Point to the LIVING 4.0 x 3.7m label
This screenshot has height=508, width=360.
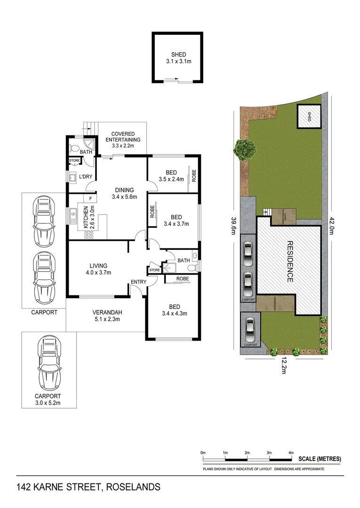click(x=96, y=269)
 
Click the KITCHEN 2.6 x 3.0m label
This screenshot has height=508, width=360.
click(x=88, y=217)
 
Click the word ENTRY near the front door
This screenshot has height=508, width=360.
click(x=139, y=282)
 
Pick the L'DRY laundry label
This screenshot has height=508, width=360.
click(x=85, y=176)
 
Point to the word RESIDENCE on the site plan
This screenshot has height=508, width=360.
click(x=290, y=262)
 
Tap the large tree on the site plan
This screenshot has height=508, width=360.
click(x=245, y=150)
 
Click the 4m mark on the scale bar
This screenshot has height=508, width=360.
click(x=291, y=452)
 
